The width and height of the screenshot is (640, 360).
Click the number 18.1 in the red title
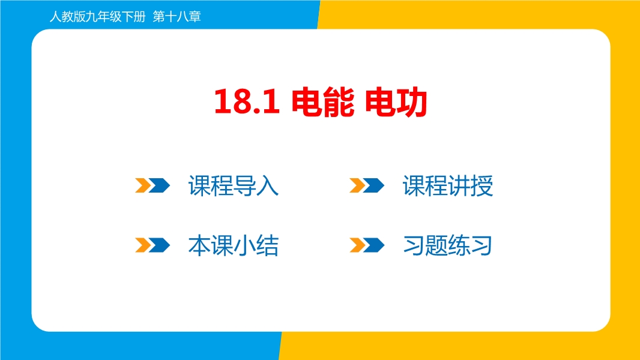coord(247,101)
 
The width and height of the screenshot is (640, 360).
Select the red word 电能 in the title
coord(322,102)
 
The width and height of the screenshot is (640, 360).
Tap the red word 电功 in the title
coord(396,102)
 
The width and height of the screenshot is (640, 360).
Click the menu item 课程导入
coord(234,186)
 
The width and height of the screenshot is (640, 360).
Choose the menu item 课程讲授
coord(448,186)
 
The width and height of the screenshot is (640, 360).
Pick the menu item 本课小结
coord(234,245)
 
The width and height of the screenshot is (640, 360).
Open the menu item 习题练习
coord(448,245)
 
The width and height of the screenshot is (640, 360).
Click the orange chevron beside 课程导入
coord(143,185)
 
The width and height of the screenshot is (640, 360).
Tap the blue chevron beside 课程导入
coord(160,185)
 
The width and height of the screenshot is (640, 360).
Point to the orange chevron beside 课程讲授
coord(358,185)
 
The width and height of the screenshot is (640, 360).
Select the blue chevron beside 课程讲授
coord(374,185)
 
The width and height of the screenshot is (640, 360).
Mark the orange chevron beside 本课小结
coord(143,245)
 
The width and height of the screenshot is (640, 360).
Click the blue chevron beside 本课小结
coord(160,245)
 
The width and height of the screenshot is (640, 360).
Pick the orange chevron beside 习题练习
coord(358,245)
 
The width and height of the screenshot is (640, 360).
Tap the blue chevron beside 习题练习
coord(374,245)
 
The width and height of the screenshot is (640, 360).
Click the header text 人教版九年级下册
coord(97,17)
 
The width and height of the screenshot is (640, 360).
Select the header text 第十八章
coord(177,17)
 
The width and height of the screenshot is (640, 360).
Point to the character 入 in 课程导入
coord(268,186)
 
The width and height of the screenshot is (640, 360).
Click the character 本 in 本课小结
coord(199,245)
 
